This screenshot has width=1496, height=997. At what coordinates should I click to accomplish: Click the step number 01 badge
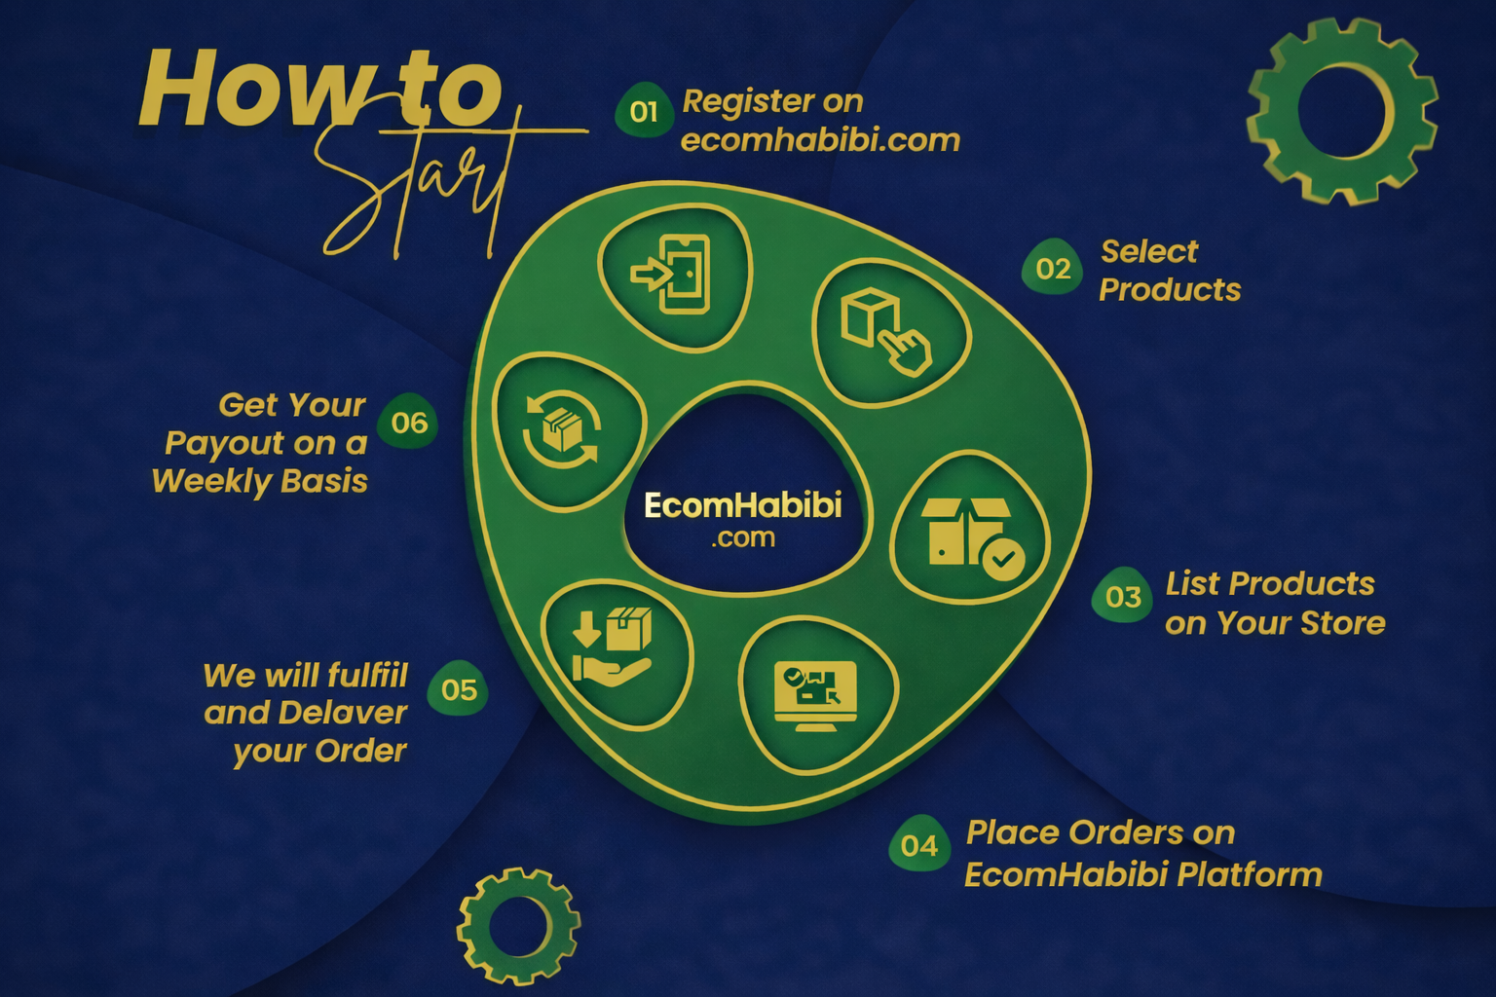[x=643, y=110]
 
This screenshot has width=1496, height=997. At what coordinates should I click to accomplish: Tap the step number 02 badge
[x=1052, y=267]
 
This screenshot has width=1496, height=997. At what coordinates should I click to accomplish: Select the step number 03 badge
[x=1122, y=595]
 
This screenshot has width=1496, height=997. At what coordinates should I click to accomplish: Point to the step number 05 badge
[x=458, y=688]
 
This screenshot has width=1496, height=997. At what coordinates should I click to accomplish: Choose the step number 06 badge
[x=408, y=421]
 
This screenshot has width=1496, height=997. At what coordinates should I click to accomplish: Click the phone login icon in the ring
[x=670, y=274]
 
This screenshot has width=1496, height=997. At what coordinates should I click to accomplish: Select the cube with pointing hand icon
[x=885, y=331]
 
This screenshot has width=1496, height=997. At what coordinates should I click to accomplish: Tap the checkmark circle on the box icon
[x=1003, y=559]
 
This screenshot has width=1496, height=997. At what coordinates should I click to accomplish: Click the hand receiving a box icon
[x=611, y=647]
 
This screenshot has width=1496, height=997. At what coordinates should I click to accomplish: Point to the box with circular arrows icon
[x=562, y=428]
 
